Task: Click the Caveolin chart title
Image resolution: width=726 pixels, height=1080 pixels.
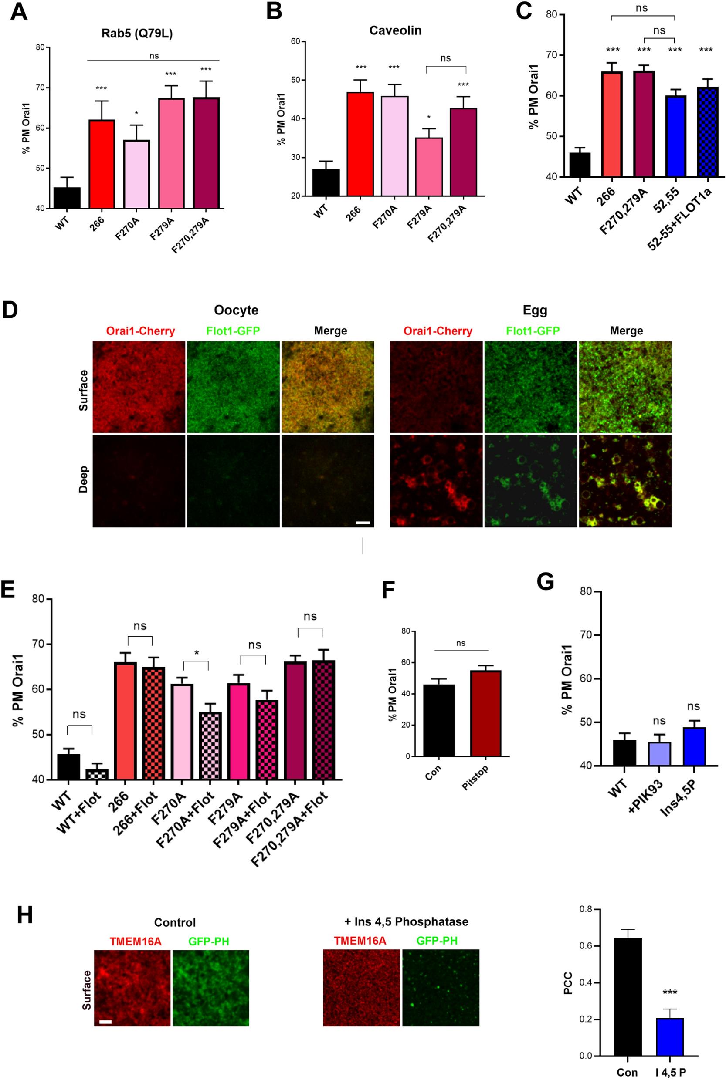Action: [396, 30]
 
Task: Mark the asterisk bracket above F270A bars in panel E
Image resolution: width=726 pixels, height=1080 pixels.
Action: [196, 667]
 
